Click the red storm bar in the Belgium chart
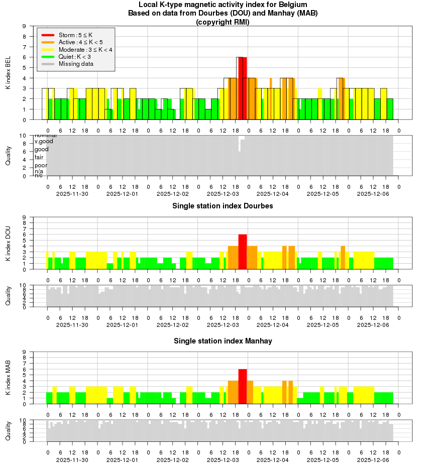pos(243,88)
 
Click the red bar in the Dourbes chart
pos(243,252)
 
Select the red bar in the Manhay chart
pos(243,386)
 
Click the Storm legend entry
pos(75,35)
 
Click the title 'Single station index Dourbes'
pos(223,206)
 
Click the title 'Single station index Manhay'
pos(223,341)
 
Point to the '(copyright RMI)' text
pos(223,22)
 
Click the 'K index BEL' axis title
pos(8,73)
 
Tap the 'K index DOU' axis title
pos(8,244)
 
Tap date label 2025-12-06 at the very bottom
pos(373,459)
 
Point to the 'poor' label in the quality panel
pos(41,165)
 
